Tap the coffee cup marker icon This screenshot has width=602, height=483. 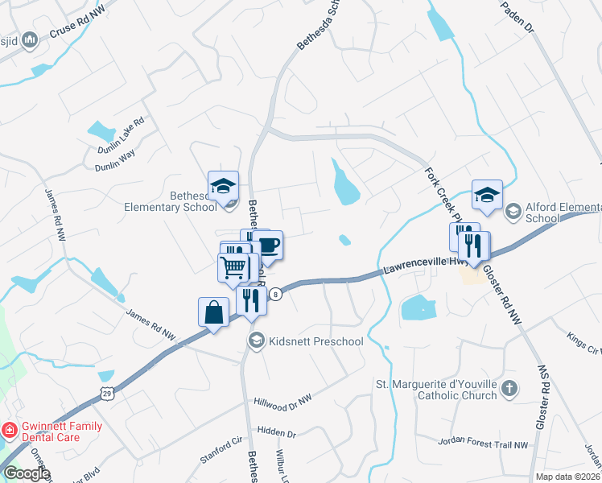[267, 245]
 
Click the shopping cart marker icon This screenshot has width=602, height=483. [233, 267]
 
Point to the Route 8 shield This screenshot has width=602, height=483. [277, 295]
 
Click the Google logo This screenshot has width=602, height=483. [27, 473]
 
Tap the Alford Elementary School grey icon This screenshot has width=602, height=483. [513, 212]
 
